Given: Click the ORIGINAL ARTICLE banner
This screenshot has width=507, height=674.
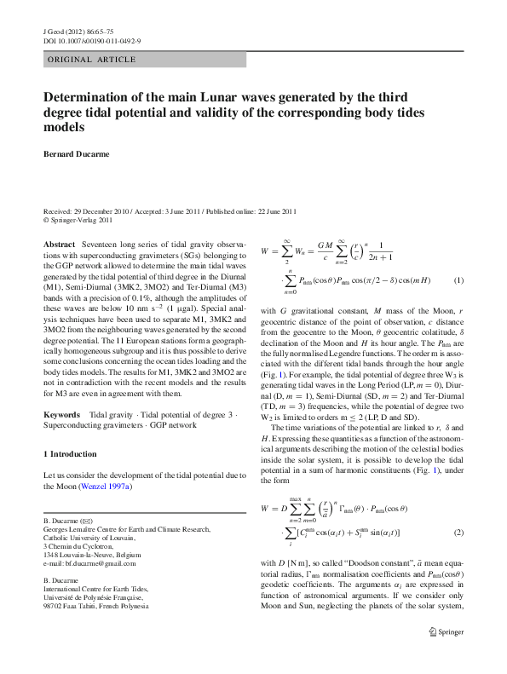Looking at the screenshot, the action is point(91,59).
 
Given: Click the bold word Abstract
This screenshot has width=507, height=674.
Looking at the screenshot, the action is point(59,244).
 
